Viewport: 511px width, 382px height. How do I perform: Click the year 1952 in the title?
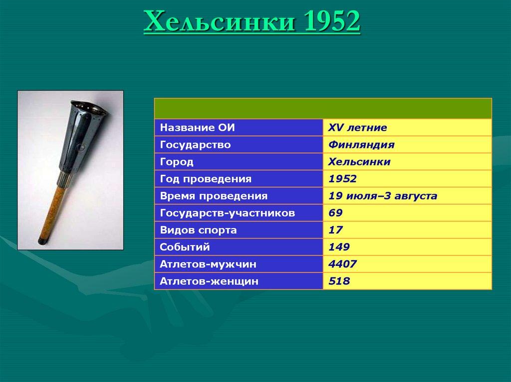(332, 21)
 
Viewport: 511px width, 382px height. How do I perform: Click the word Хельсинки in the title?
(219, 21)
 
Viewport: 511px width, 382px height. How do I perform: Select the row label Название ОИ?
(197, 127)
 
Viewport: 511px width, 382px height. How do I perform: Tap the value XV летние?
(357, 127)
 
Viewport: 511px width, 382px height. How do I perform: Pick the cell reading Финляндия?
(361, 144)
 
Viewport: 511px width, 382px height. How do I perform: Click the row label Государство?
(195, 145)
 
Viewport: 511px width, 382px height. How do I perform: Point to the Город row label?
(177, 162)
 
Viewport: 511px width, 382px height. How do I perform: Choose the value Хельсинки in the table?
(359, 162)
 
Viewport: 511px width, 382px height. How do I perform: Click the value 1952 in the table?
(342, 179)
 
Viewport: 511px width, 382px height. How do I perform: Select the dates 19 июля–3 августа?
(383, 196)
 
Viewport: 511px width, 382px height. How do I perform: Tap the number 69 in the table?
(335, 213)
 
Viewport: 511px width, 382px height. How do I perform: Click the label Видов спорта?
(198, 230)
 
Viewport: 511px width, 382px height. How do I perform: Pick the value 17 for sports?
(335, 230)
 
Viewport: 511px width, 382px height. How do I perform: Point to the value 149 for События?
(339, 247)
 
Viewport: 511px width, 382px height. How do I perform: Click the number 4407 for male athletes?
(342, 264)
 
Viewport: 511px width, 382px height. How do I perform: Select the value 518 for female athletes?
(339, 281)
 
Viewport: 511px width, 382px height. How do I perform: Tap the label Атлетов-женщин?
(209, 281)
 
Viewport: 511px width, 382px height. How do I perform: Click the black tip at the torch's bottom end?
(41, 241)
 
